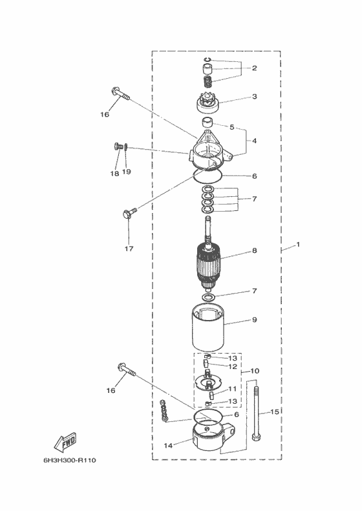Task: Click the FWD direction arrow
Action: (x=65, y=442)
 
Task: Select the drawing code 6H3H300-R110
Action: (x=70, y=461)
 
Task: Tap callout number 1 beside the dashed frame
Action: (x=298, y=244)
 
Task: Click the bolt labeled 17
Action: (x=129, y=212)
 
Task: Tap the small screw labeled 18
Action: (x=118, y=146)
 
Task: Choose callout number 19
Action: (x=126, y=172)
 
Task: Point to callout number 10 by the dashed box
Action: (x=255, y=371)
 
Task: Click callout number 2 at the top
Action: (x=254, y=68)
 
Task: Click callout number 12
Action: (x=233, y=366)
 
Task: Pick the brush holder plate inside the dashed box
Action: (x=208, y=381)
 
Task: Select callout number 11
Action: (x=232, y=389)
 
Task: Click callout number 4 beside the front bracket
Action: (x=254, y=141)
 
